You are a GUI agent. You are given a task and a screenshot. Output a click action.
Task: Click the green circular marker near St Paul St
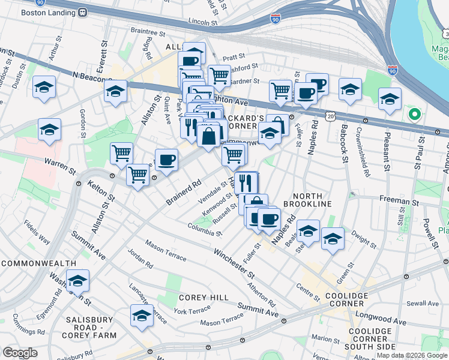[414, 113]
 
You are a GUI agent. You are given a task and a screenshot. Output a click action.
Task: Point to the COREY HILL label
[203, 298]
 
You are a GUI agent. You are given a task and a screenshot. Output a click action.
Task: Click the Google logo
[20, 353]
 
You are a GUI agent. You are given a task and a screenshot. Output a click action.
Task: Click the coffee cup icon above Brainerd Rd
[166, 160]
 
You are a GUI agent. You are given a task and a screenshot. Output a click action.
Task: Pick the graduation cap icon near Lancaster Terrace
[142, 316]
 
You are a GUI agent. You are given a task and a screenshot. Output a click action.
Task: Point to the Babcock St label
[344, 143]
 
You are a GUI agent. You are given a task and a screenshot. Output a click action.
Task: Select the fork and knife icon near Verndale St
[246, 183]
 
